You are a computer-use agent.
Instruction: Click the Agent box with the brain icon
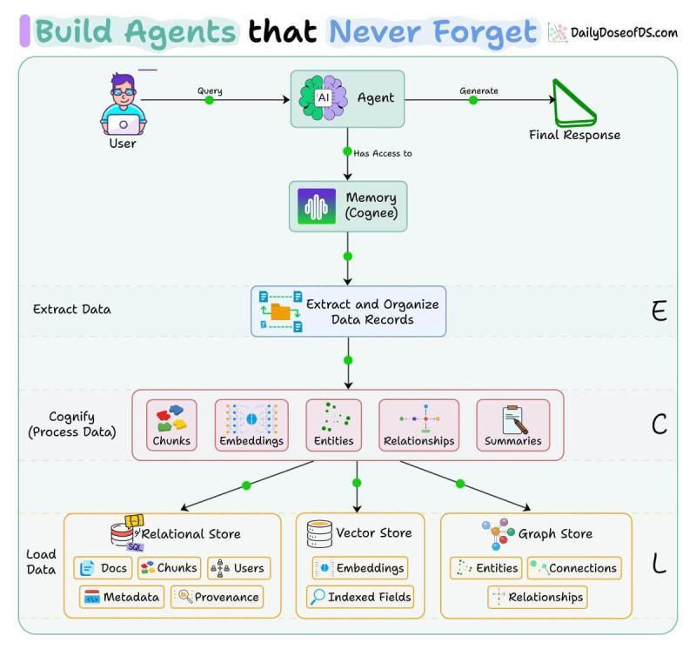click(347, 98)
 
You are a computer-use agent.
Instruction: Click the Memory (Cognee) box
click(347, 206)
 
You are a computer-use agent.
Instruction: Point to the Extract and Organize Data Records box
click(348, 311)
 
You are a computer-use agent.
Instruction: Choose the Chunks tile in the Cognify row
click(171, 425)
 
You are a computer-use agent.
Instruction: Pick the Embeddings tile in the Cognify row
click(251, 425)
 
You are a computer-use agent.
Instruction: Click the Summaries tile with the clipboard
click(513, 425)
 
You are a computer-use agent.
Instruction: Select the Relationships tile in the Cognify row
click(418, 425)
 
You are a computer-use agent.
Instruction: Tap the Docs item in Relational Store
click(103, 568)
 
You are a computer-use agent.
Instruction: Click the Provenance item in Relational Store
click(217, 597)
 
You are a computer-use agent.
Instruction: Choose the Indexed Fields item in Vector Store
click(360, 597)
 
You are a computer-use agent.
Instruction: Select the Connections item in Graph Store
click(574, 568)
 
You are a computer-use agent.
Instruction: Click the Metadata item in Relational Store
click(122, 597)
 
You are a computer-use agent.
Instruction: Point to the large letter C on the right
click(659, 424)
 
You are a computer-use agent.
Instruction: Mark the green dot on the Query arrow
click(209, 100)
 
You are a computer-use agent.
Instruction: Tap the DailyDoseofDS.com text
click(623, 33)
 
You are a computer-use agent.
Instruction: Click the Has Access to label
click(383, 153)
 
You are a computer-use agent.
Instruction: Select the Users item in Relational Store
click(238, 568)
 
